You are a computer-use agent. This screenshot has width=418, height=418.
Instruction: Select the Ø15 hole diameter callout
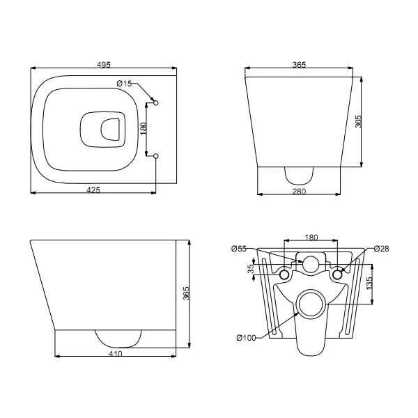tap(124, 84)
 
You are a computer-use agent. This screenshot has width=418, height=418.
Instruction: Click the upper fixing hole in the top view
tap(155, 102)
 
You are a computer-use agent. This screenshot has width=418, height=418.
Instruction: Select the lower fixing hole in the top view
tap(155, 156)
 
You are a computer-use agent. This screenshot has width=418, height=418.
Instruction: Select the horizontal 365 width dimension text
tap(300, 65)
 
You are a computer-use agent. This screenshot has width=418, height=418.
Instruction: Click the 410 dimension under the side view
tap(116, 354)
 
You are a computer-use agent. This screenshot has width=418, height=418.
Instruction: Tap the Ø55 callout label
tap(239, 249)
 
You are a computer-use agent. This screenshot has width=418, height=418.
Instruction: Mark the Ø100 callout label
tap(246, 338)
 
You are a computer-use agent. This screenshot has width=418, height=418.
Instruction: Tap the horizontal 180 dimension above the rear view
tap(311, 237)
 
